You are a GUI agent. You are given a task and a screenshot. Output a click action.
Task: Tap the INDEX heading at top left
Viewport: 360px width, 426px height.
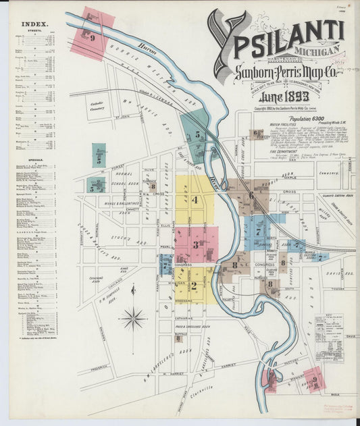tap(34, 24)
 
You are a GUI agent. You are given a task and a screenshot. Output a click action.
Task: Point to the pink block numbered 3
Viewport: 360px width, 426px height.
tap(197, 244)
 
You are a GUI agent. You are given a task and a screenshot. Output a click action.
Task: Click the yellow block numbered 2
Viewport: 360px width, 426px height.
tap(194, 285)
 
